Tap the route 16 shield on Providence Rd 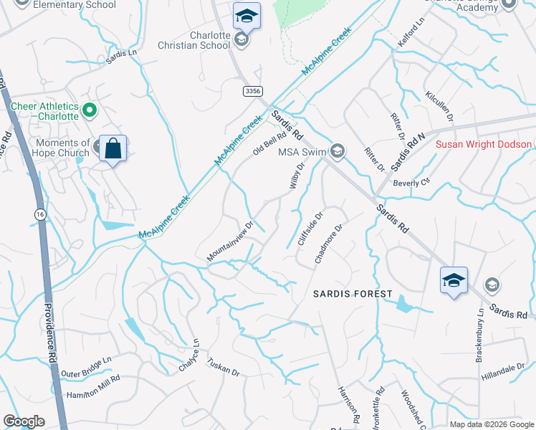pos(39,214)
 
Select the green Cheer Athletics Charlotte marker pos(90,110)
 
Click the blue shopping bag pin pos(113,148)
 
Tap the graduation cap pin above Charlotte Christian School pos(247,15)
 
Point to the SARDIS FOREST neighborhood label pos(353,294)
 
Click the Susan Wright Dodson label pos(484,144)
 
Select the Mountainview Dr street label pos(231,241)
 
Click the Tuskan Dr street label pos(223,367)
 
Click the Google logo pos(24,421)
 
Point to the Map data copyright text pos(491,424)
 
